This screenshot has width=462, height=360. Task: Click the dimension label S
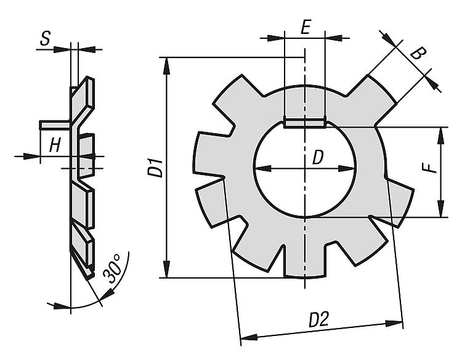tap(45, 39)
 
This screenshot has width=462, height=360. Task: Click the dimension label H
tap(55, 145)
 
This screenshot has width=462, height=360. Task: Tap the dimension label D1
tap(155, 168)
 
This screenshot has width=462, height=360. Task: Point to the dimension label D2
tap(318, 319)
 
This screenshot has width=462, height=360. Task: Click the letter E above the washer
tap(306, 27)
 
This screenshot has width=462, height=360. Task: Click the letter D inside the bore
tap(318, 157)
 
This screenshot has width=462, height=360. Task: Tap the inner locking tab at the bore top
tap(305, 123)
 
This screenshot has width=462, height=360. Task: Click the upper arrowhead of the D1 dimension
tap(167, 65)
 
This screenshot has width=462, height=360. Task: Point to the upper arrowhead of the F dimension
tap(441, 136)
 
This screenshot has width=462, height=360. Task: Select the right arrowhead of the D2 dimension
tap(394, 324)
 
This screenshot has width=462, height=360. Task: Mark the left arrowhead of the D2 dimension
tap(249, 337)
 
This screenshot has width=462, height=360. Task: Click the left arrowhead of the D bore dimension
tap(263, 168)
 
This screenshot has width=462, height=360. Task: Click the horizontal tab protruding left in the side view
tap(55, 125)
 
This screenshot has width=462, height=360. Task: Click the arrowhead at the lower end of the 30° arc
tap(108, 293)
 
